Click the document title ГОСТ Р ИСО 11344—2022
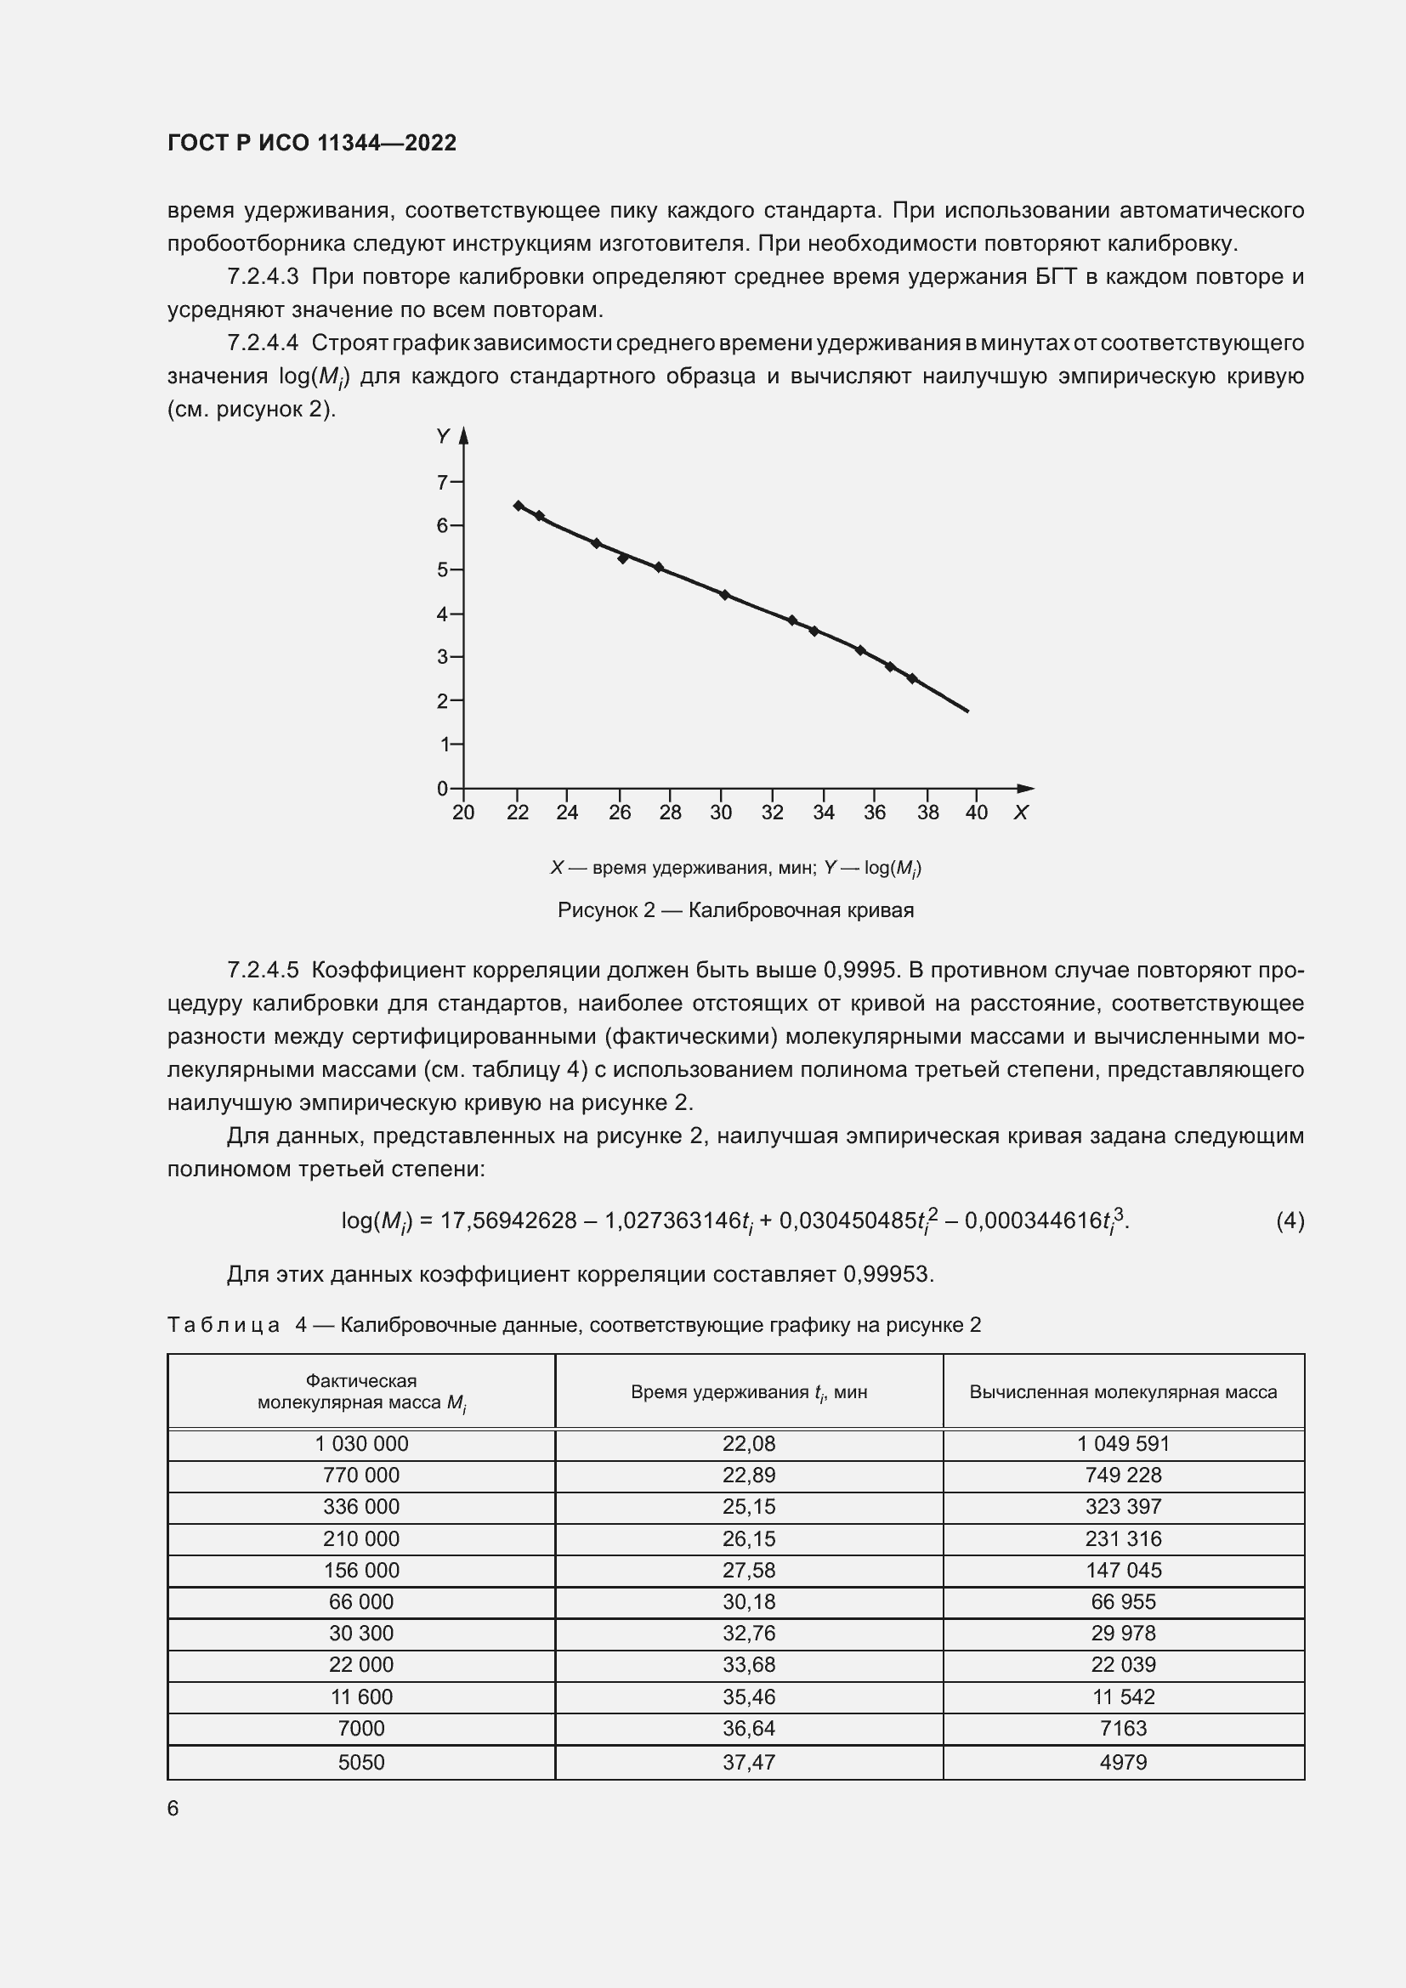(312, 143)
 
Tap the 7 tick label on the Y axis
(442, 482)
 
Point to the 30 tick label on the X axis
(720, 813)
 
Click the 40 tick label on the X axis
(977, 813)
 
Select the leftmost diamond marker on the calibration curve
(518, 506)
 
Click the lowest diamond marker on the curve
(911, 678)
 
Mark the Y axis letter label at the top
(442, 436)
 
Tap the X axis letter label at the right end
(1021, 813)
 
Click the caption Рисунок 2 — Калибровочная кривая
(735, 910)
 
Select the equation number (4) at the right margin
(1290, 1221)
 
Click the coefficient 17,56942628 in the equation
(508, 1221)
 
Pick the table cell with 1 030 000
(361, 1443)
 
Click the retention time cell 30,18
(749, 1602)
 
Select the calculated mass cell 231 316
(1123, 1538)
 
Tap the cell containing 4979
(1123, 1762)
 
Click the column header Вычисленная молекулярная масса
(1123, 1392)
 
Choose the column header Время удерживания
(749, 1392)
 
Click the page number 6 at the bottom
(173, 1808)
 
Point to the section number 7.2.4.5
(263, 970)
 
